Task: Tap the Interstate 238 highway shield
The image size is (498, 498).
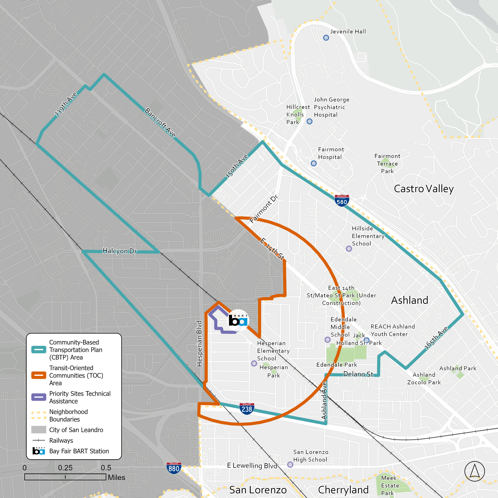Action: click(247, 409)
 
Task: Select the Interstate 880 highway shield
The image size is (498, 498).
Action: click(174, 468)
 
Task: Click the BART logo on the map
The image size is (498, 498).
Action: click(238, 320)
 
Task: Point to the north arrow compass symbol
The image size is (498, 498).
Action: click(475, 471)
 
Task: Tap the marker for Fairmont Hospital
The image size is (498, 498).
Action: click(313, 163)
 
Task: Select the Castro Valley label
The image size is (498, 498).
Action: click(423, 189)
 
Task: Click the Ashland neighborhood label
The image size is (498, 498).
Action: click(409, 300)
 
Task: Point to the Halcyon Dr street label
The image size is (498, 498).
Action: click(120, 251)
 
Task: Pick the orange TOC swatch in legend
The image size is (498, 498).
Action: click(39, 375)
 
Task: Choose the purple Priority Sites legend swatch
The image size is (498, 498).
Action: click(39, 397)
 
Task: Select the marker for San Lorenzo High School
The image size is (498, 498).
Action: click(290, 465)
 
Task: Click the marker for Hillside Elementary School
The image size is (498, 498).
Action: click(349, 249)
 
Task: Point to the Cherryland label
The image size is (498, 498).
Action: click(343, 490)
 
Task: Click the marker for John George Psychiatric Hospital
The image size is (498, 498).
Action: click(309, 121)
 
